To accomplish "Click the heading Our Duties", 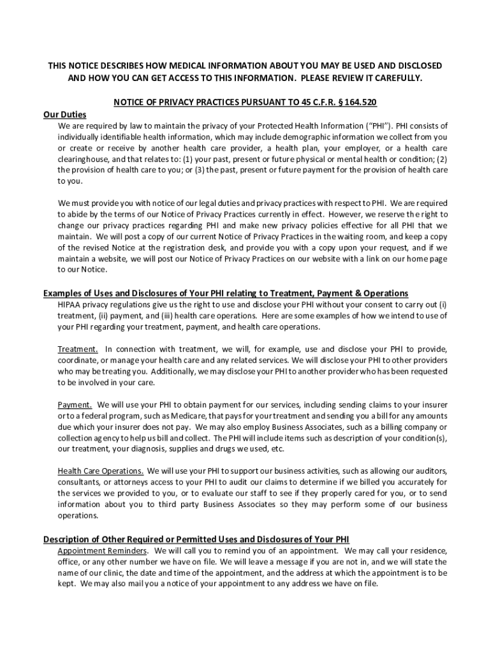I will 64,114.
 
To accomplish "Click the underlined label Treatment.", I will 78,349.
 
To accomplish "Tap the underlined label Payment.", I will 75,404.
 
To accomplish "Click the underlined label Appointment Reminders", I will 103,550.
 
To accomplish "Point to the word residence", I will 423,550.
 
